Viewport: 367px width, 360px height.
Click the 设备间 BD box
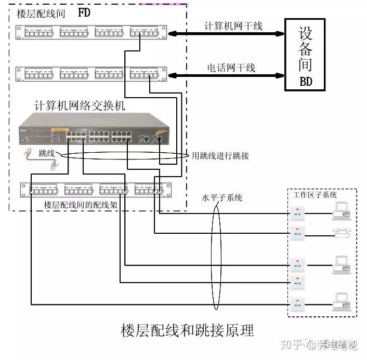point(305,55)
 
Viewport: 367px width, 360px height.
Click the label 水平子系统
point(222,198)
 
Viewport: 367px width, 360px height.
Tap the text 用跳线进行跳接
point(220,155)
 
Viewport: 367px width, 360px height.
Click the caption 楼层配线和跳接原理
point(187,330)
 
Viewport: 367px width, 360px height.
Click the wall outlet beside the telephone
point(297,234)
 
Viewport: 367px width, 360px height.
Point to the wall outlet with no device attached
point(297,282)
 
